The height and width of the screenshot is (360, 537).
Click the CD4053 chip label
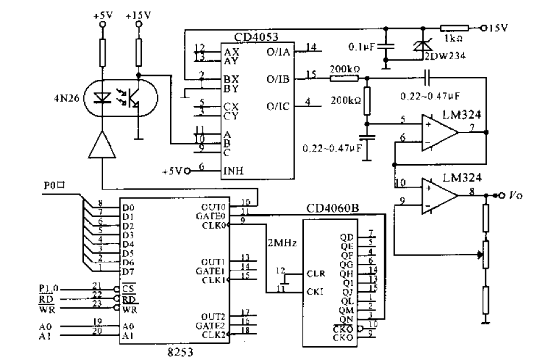click(x=256, y=37)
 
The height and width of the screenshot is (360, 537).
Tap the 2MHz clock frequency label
click(x=281, y=243)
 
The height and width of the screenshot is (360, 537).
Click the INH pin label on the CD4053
click(x=232, y=171)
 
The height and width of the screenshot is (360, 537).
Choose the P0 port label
click(x=56, y=187)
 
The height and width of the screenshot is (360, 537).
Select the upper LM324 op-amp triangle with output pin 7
click(x=439, y=133)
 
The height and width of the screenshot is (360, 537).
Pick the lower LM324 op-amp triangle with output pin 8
click(x=439, y=196)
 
